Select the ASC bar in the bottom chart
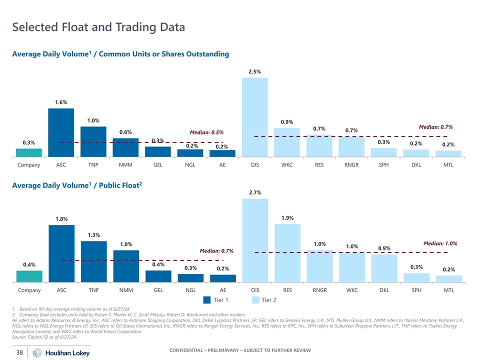[61, 254]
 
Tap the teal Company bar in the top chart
[29, 152]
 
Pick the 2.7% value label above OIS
[254, 192]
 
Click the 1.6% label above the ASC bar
[61, 102]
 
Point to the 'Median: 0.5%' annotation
[206, 132]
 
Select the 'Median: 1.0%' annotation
[440, 243]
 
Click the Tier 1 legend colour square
[207, 300]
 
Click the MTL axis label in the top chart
[448, 164]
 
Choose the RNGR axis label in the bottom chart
[319, 290]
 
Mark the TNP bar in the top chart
[93, 141]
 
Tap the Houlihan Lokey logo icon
[37, 353]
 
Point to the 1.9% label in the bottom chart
[287, 218]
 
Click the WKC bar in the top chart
[287, 142]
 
